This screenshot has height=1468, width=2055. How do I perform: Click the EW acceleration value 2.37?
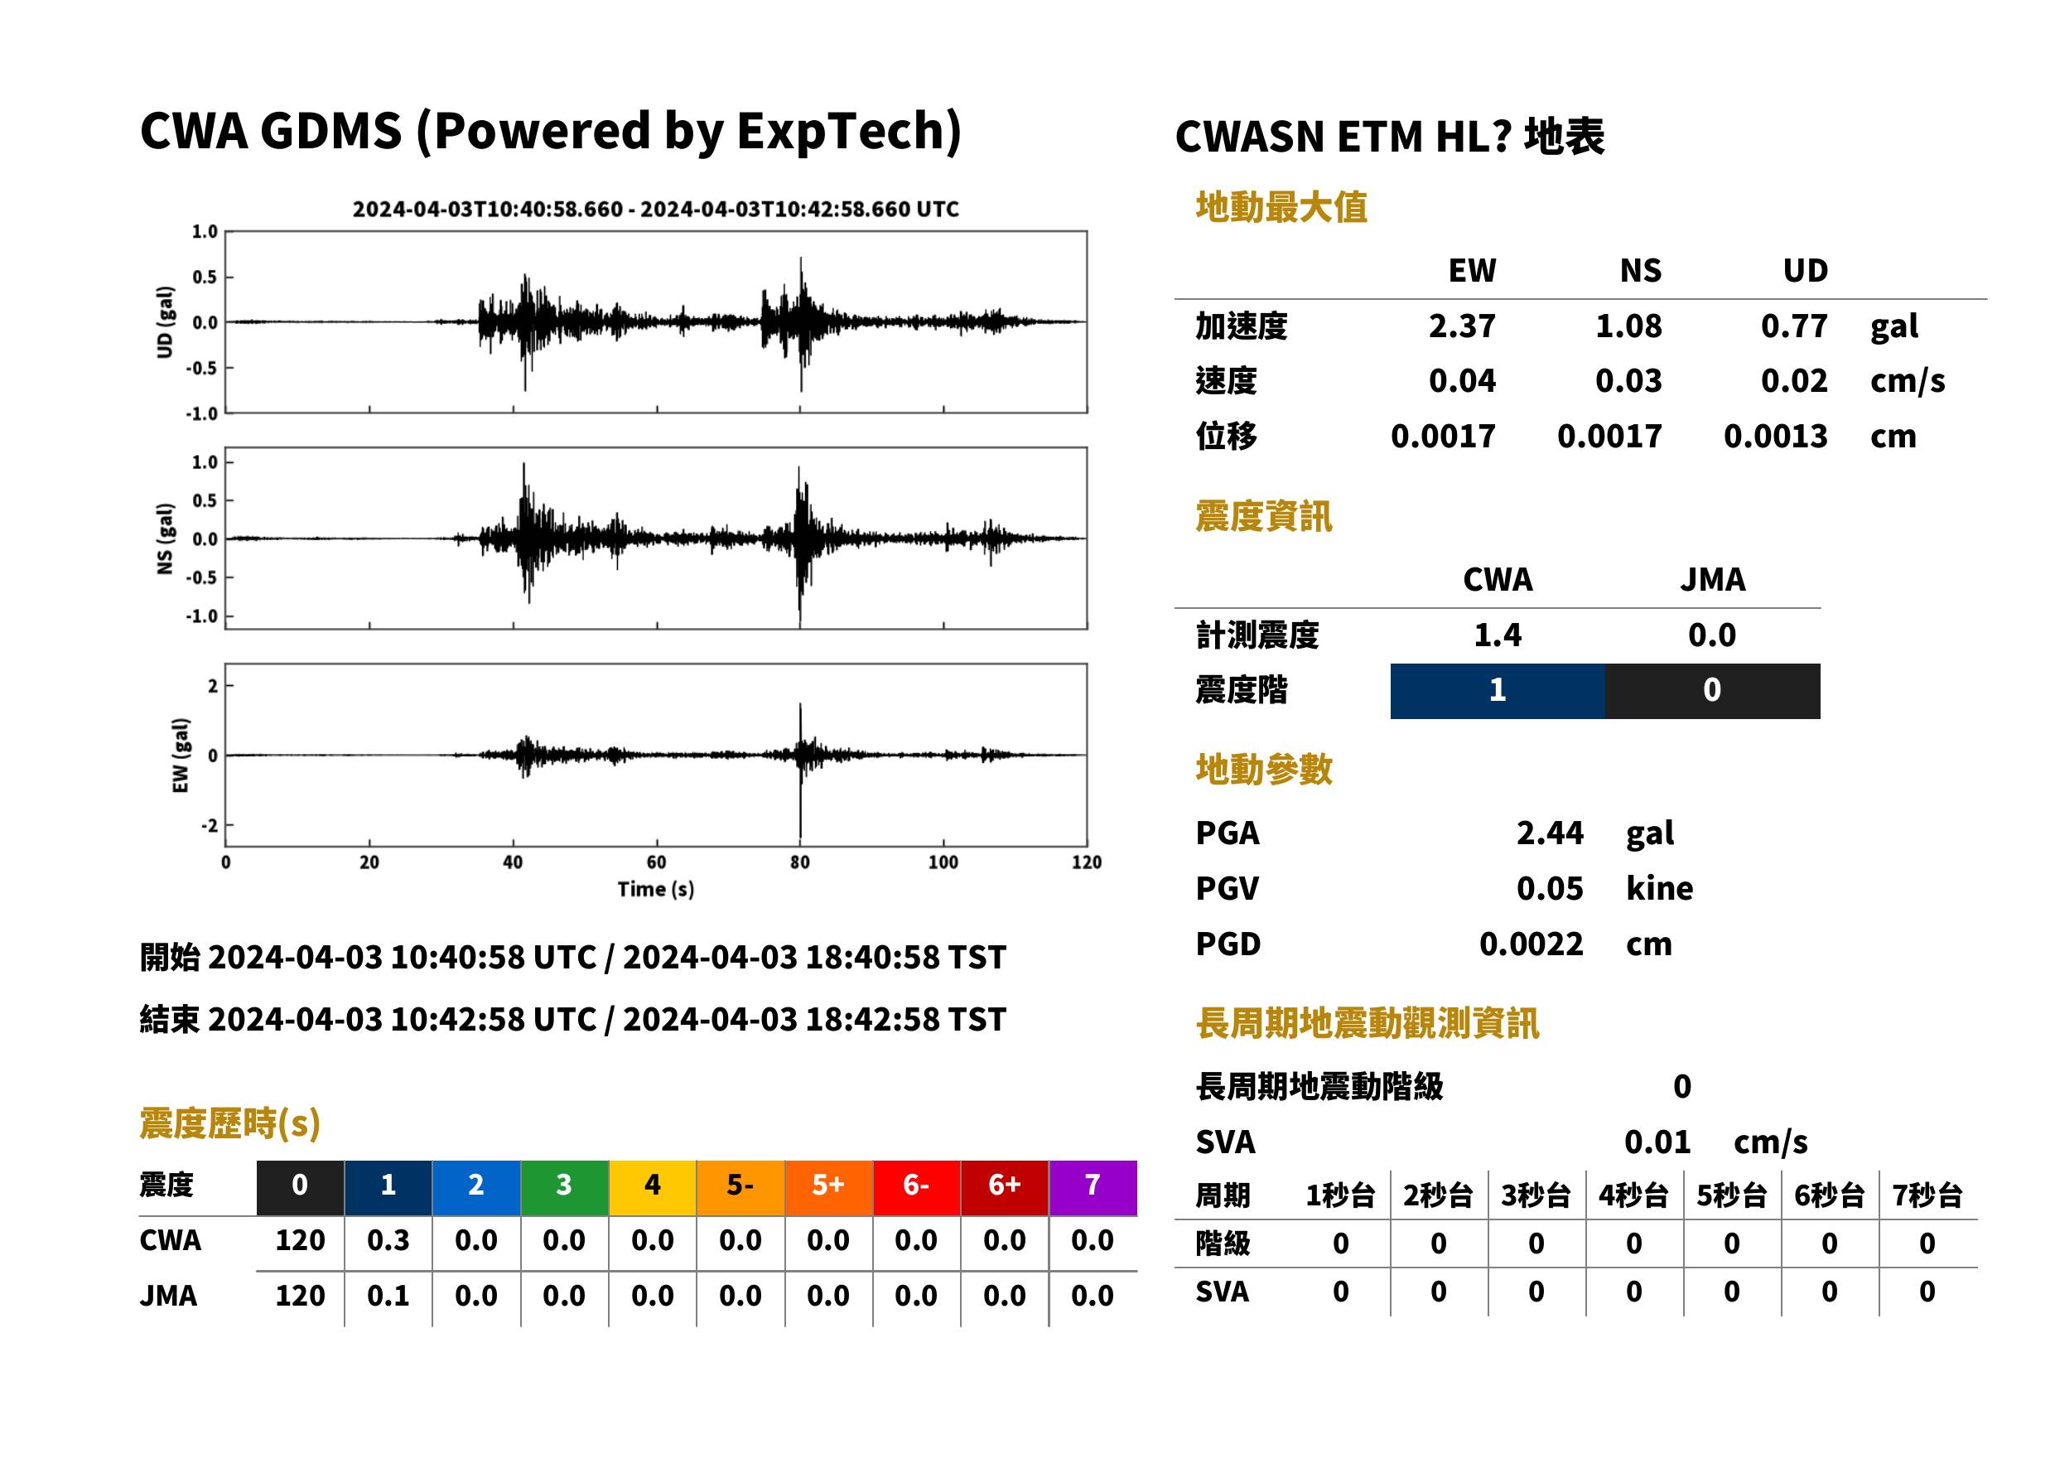click(1461, 326)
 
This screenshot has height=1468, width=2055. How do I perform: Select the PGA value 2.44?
click(1549, 833)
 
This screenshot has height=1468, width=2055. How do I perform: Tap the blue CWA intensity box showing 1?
click(1498, 691)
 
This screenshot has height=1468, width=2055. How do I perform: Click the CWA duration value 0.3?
click(388, 1240)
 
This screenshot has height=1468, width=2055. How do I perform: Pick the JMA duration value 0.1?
click(388, 1296)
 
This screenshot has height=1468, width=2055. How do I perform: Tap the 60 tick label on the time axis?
click(656, 862)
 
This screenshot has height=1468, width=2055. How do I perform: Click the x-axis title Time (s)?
click(656, 890)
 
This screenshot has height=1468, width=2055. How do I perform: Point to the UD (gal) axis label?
click(165, 323)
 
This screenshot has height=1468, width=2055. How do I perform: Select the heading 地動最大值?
click(1281, 207)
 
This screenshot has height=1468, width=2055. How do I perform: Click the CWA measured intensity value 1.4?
click(1498, 635)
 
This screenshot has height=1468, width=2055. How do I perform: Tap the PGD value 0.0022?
click(1531, 944)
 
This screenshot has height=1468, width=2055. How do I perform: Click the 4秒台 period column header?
click(1633, 1195)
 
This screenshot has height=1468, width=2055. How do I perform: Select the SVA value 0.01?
click(1657, 1142)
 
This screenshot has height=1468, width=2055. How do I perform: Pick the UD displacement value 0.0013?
click(1775, 436)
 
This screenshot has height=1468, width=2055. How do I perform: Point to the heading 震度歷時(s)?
click(230, 1123)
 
